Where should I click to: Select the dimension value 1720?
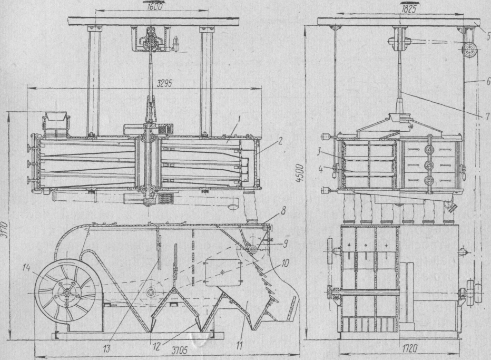[x=399, y=347]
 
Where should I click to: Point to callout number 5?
[x=485, y=37]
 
